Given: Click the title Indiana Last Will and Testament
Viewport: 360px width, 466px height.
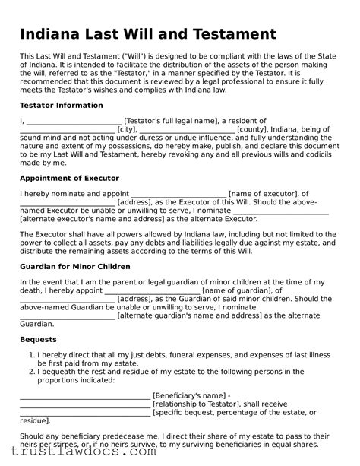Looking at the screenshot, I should click(x=147, y=34).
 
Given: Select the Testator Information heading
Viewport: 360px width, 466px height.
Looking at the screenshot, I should click(x=61, y=105).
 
